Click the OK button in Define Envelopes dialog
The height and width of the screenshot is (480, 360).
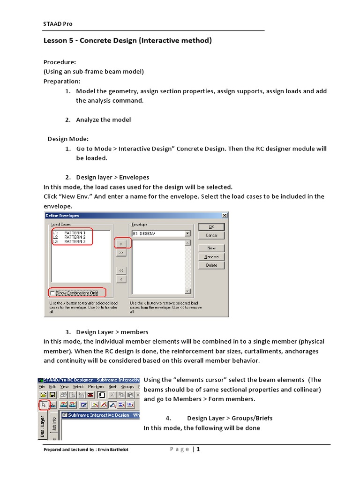pos(211,226)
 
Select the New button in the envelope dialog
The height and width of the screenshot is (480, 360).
pos(211,248)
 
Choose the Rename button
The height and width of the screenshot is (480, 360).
pos(211,257)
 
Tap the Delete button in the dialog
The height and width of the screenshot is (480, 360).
pos(211,265)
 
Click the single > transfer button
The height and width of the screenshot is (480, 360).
pos(121,243)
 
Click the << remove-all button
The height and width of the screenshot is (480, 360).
pos(121,270)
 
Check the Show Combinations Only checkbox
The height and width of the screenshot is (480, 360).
pos(52,293)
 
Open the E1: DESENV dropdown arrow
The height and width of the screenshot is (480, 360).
pos(187,233)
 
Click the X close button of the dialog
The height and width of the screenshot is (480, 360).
pos(225,215)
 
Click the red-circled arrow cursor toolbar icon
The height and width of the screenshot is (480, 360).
pos(44,404)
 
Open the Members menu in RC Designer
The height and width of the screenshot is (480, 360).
pos(96,387)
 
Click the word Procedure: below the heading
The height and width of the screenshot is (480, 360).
pos(60,62)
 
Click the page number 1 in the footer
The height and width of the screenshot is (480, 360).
pos(198,450)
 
